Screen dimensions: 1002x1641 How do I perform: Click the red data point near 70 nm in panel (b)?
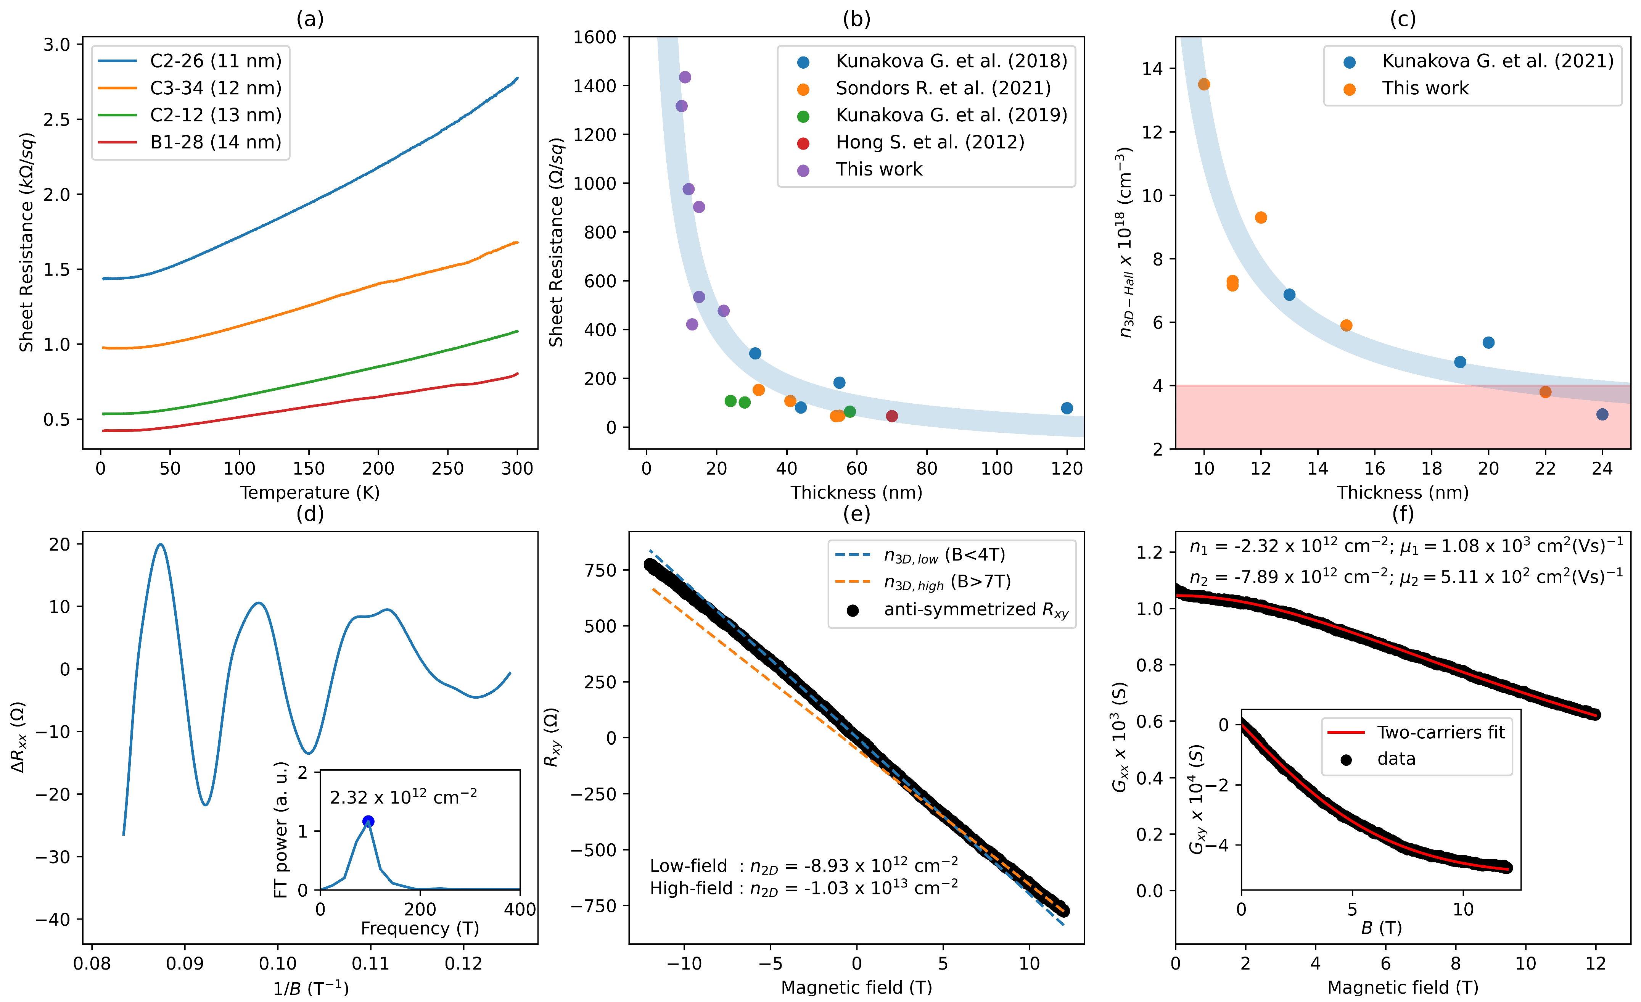(892, 416)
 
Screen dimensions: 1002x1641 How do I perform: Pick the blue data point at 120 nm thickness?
(1067, 408)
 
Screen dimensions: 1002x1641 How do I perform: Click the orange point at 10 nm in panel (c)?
(1203, 84)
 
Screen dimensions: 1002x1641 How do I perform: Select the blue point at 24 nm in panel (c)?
(1602, 414)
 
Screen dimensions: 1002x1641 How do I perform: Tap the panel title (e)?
(856, 514)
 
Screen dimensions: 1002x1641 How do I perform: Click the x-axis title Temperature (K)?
(310, 492)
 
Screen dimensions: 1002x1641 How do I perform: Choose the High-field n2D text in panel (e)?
(803, 888)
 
